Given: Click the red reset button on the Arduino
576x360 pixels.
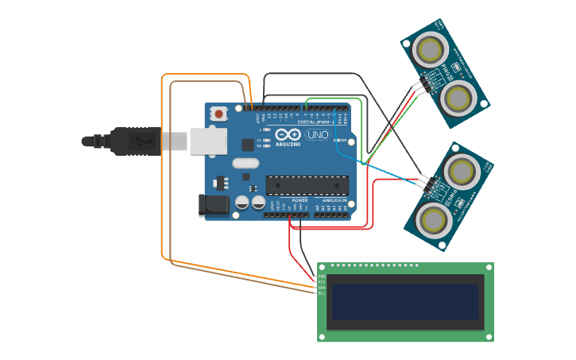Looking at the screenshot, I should tap(218, 114).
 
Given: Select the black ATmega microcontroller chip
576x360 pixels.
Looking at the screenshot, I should tap(307, 185).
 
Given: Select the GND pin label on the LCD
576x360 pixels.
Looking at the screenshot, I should tap(322, 276).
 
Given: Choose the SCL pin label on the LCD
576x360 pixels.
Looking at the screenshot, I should tap(322, 294).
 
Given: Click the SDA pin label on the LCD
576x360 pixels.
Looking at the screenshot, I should tap(322, 288).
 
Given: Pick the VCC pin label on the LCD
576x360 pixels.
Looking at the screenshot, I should tap(322, 282).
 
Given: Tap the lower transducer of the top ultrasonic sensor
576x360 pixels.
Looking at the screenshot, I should tap(458, 97).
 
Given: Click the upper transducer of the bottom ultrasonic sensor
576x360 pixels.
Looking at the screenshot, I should tap(461, 169).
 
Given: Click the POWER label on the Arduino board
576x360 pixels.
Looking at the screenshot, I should tap(300, 201).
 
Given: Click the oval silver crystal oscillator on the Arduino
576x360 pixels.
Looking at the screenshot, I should tap(245, 164).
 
